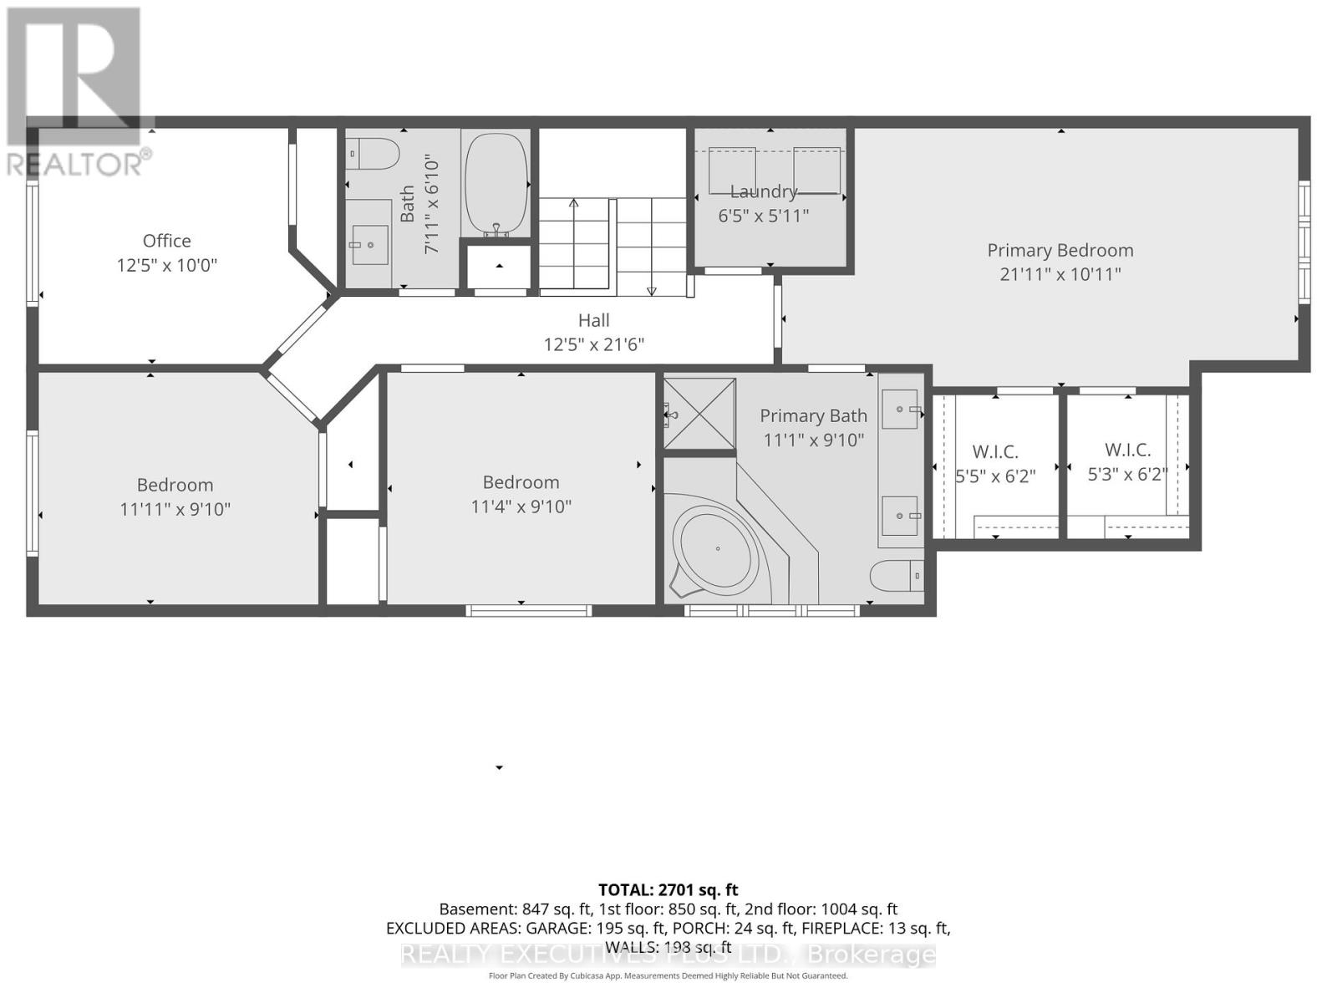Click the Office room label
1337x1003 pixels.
click(x=166, y=241)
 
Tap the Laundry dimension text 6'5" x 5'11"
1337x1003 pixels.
click(x=764, y=216)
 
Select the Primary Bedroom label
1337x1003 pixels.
click(x=1060, y=250)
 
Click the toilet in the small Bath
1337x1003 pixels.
click(x=374, y=154)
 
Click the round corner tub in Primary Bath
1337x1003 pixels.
click(x=717, y=549)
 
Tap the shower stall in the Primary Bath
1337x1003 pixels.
click(x=700, y=414)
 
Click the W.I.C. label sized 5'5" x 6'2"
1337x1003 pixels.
click(x=994, y=452)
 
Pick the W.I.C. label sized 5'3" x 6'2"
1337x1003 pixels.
click(x=1127, y=451)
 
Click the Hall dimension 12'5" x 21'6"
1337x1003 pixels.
click(x=594, y=344)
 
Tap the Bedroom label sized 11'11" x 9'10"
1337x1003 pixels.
click(x=175, y=485)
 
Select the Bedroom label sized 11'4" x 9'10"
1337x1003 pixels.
click(x=521, y=482)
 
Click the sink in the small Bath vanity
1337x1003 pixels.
click(x=369, y=244)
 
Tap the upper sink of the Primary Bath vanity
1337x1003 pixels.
click(x=901, y=410)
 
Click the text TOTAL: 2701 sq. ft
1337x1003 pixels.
click(x=668, y=890)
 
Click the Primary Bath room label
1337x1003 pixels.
click(x=813, y=415)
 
